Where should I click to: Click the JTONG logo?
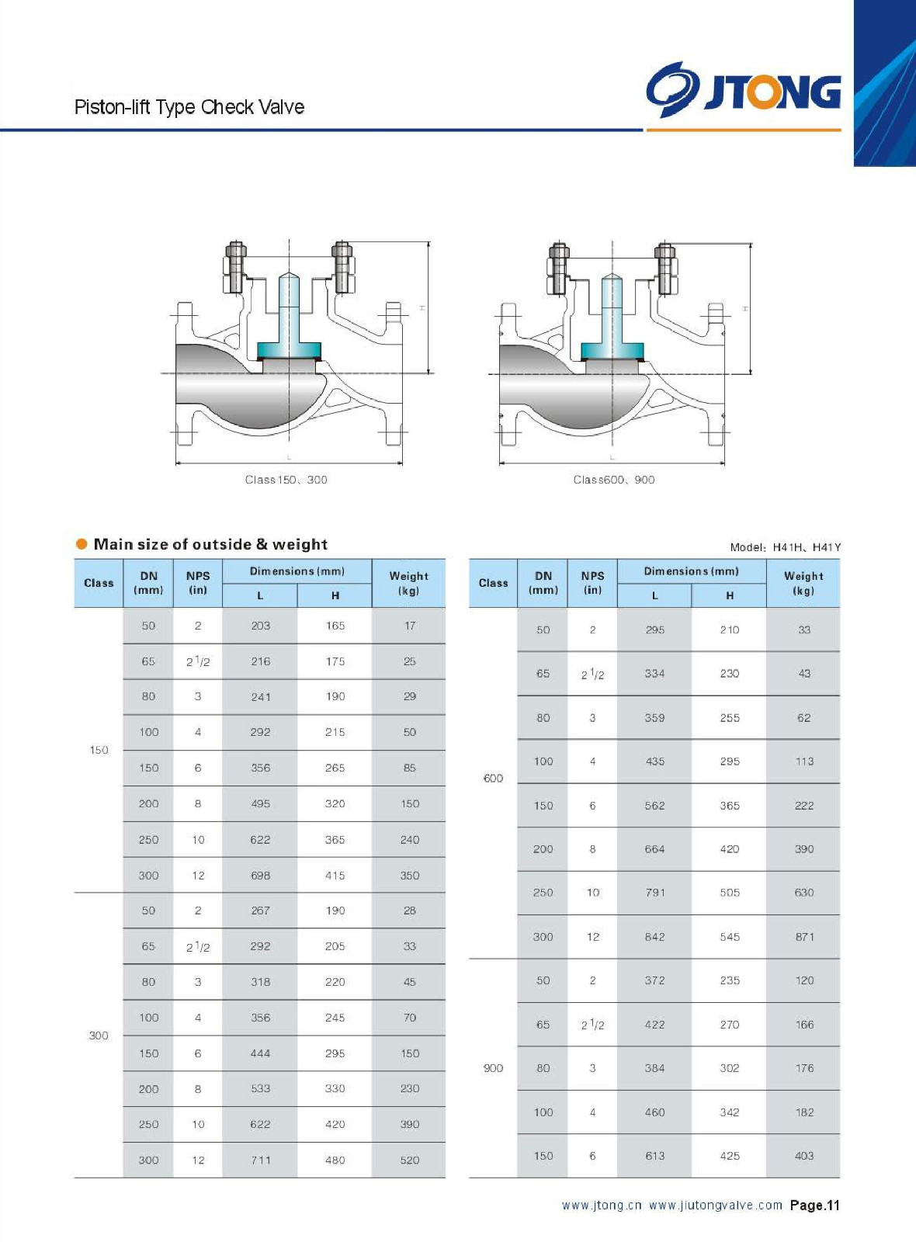[x=743, y=90]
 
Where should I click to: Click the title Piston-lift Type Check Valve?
[x=189, y=107]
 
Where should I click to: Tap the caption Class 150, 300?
[x=286, y=480]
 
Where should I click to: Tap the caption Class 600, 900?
[x=613, y=480]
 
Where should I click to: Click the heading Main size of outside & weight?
[x=210, y=544]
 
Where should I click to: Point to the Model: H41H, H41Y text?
[x=785, y=547]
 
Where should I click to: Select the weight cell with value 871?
[x=804, y=937]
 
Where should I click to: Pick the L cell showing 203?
[x=260, y=626]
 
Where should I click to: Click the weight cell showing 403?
[x=804, y=1156]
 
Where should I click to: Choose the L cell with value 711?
[x=260, y=1160]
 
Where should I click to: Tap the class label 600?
[x=493, y=779]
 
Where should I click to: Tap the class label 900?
[x=493, y=1068]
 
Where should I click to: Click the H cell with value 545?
[x=729, y=937]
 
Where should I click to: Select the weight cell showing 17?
[x=410, y=626]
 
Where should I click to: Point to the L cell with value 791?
[x=654, y=893]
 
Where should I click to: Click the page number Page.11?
[x=814, y=1206]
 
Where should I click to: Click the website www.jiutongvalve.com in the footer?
[x=715, y=1206]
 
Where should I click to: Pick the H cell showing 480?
[x=335, y=1160]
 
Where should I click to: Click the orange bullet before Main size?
[x=82, y=544]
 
